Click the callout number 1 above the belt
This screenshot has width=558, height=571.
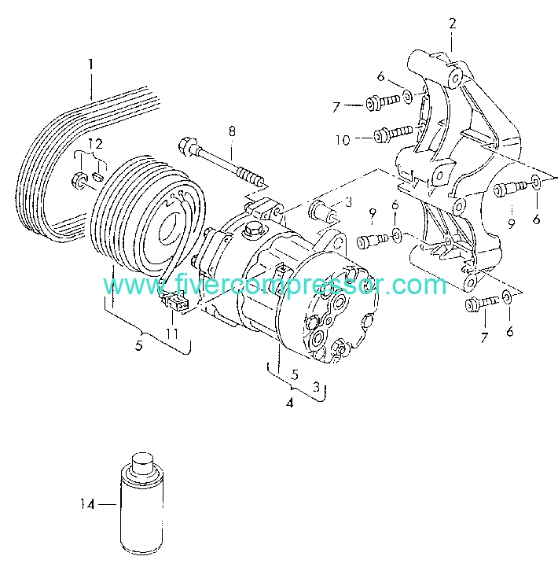pyautogui.click(x=90, y=64)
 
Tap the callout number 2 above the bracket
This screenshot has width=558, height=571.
pyautogui.click(x=453, y=24)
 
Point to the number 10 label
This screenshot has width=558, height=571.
pyautogui.click(x=343, y=139)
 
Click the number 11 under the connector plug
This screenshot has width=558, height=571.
pyautogui.click(x=171, y=333)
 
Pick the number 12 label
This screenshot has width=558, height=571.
pyautogui.click(x=94, y=143)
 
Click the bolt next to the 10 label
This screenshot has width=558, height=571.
pyautogui.click(x=390, y=134)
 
